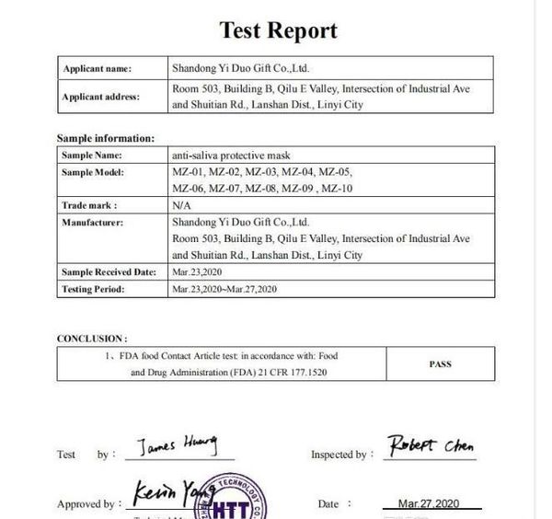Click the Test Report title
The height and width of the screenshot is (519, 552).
[278, 30]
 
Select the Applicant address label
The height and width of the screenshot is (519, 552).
[101, 97]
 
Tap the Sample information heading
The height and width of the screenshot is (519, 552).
[105, 138]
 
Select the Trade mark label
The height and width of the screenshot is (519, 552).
[89, 205]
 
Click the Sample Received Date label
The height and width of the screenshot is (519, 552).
[109, 272]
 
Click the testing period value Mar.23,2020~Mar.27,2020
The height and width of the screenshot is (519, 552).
[224, 289]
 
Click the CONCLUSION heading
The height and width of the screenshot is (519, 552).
[92, 339]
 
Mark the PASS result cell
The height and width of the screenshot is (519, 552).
[440, 363]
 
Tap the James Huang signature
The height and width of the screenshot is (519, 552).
[178, 447]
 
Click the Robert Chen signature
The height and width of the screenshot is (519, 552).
[431, 447]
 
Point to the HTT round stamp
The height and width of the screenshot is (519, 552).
[226, 502]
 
